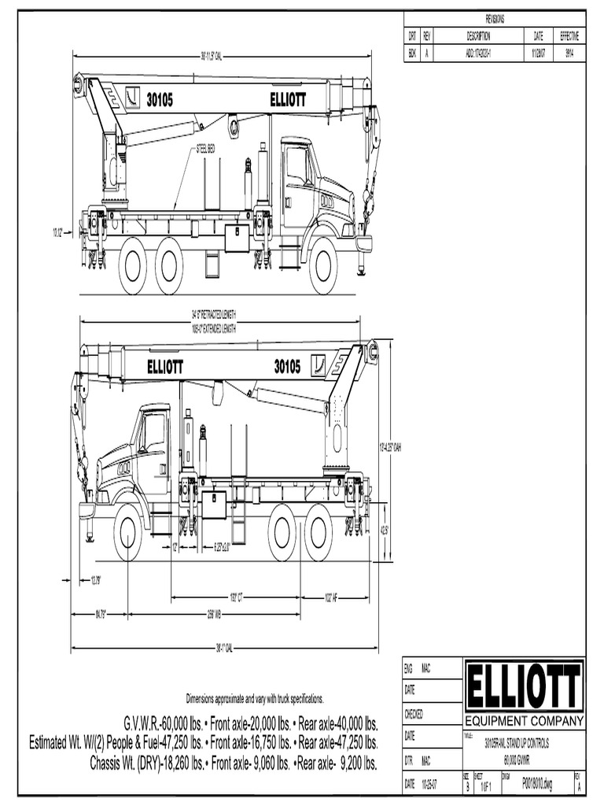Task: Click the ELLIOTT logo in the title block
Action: (x=525, y=686)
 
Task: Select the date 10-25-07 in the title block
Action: (x=429, y=784)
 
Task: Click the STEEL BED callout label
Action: (x=207, y=148)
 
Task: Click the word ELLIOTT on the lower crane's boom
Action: (x=165, y=367)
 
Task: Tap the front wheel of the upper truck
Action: (x=323, y=265)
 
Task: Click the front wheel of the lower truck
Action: (x=127, y=533)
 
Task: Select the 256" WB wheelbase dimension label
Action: (x=213, y=613)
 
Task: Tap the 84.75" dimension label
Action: (x=101, y=613)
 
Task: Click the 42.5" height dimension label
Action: (x=385, y=531)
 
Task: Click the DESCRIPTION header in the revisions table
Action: (x=478, y=36)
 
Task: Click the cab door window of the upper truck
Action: (x=297, y=167)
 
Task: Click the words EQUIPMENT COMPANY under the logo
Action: (x=525, y=721)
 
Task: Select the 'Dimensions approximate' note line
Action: (x=254, y=699)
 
